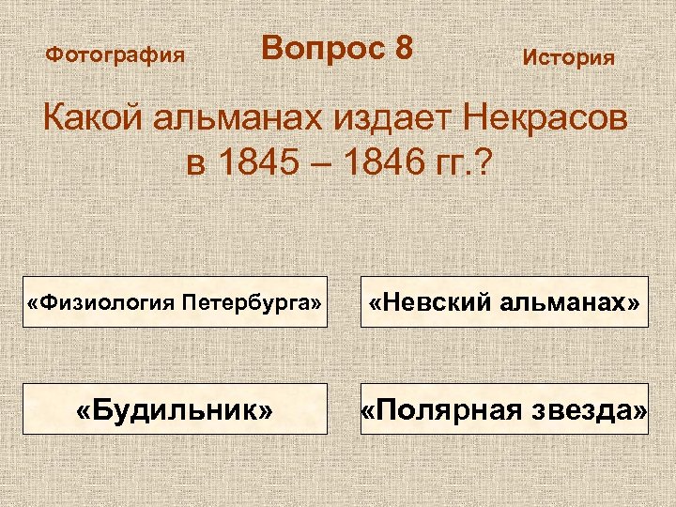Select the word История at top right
point(569,58)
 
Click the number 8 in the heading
point(402,47)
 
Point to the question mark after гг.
point(483,165)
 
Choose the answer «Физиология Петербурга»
point(176,302)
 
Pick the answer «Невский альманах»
point(505,302)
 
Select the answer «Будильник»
point(176,409)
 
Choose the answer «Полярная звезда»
point(505,409)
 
